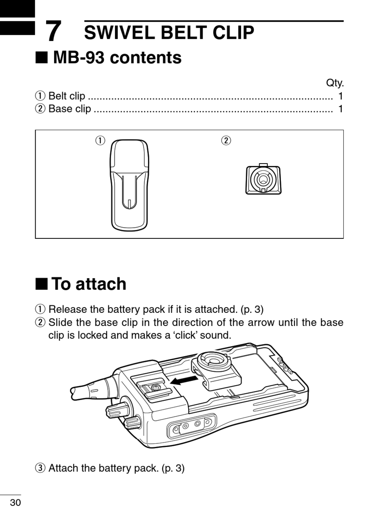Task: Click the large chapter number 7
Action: click(x=53, y=31)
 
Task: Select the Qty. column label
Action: click(x=335, y=83)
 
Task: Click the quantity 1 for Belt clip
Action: click(x=340, y=96)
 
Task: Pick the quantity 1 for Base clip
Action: click(x=340, y=109)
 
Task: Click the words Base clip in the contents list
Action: click(x=70, y=109)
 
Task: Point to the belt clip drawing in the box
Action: click(x=129, y=185)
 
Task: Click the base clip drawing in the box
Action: click(x=263, y=179)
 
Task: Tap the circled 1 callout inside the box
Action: click(x=101, y=140)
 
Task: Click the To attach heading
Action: click(x=89, y=284)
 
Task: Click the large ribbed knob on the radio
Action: click(x=118, y=409)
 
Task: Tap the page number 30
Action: click(x=15, y=503)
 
